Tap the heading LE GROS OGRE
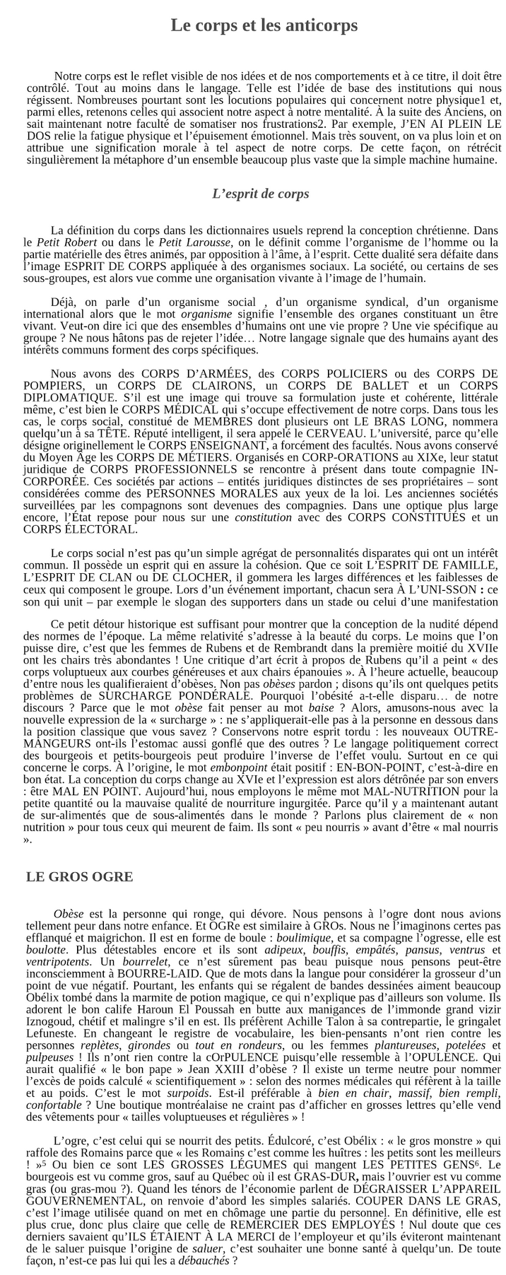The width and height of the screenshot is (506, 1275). pyautogui.click(x=79, y=877)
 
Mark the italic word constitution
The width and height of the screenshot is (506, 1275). pyautogui.click(x=263, y=517)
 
